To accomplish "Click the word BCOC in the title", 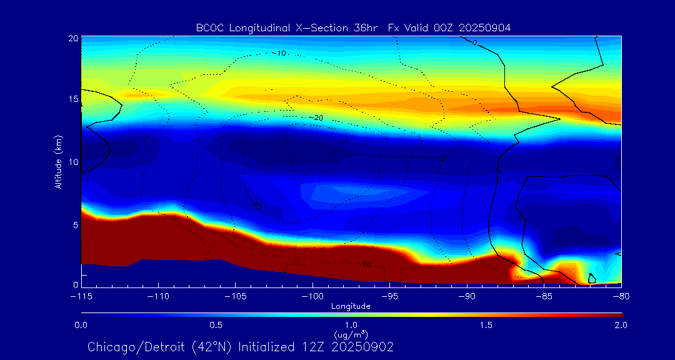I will (208, 27).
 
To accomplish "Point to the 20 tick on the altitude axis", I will (72, 38).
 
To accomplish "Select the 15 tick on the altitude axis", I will (72, 100).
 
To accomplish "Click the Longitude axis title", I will (351, 306).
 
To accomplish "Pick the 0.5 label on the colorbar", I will (216, 325).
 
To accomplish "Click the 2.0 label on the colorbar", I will (621, 325).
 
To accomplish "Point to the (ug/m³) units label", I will (351, 335).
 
